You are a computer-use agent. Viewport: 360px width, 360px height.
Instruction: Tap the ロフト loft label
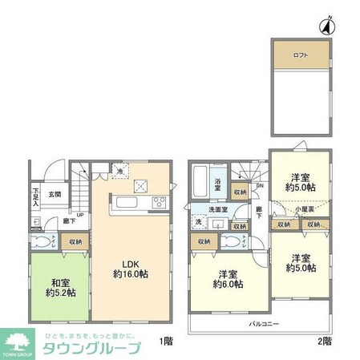(301, 55)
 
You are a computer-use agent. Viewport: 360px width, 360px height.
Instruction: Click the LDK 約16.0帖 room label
(131, 268)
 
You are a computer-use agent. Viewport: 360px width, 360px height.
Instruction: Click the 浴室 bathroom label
(218, 183)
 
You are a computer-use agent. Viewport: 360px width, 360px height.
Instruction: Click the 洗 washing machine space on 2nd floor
(199, 224)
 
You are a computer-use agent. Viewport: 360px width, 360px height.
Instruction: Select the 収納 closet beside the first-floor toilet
(75, 240)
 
